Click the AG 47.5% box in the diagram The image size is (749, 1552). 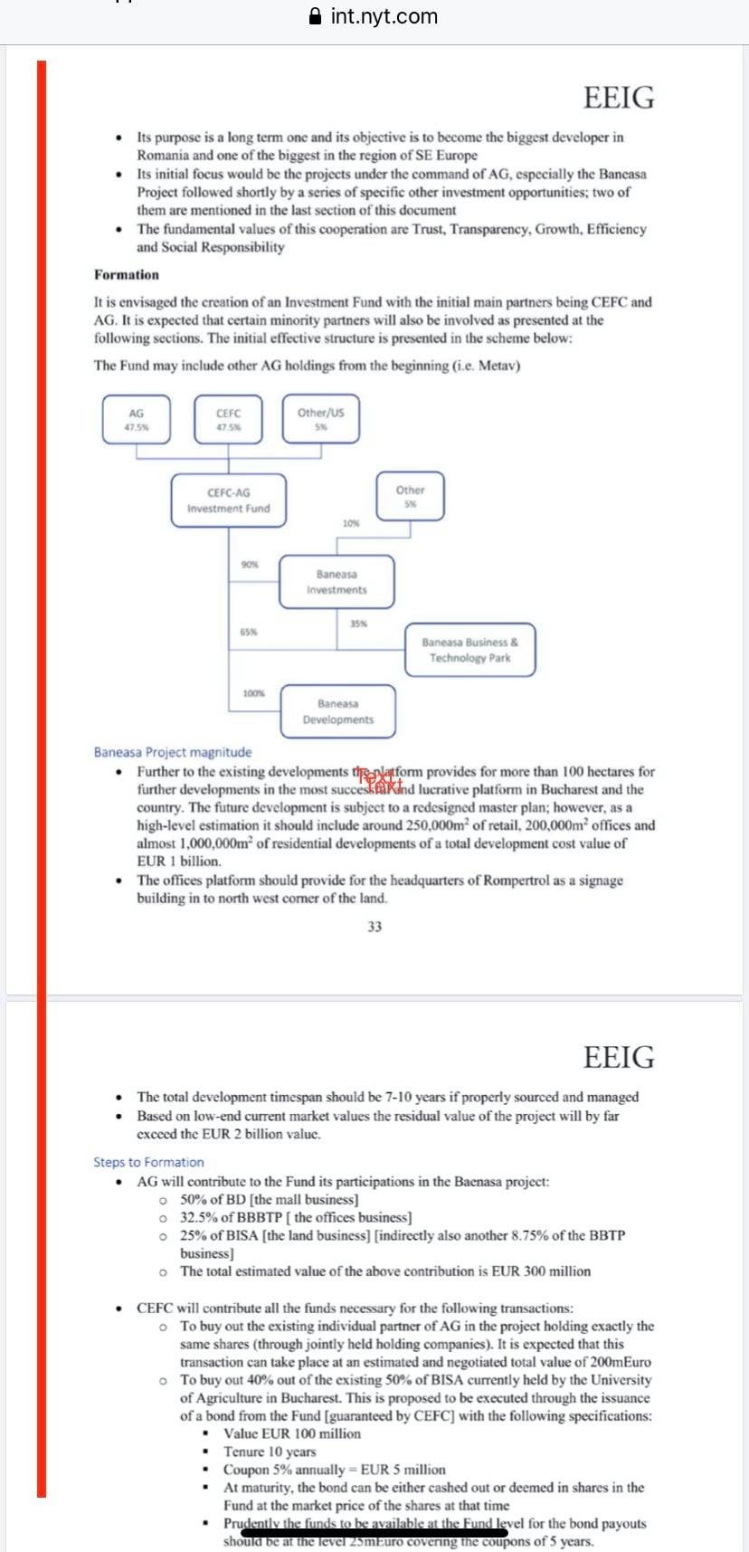(137, 419)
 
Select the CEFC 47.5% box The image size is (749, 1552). (229, 419)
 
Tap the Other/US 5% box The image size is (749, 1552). (320, 418)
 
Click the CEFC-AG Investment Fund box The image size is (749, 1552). (228, 500)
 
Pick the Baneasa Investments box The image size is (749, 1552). (337, 582)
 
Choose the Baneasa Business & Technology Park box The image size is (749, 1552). (469, 650)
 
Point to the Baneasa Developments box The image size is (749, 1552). (337, 711)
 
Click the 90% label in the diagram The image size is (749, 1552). (250, 564)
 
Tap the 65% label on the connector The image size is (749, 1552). (248, 632)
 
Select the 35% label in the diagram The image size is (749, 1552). (358, 624)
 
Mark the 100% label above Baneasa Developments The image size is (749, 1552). (253, 693)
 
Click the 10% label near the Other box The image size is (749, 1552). (351, 523)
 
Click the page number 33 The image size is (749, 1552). (374, 926)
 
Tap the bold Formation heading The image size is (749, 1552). (127, 274)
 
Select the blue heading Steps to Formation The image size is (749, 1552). (148, 1162)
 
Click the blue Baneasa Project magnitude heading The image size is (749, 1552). (173, 752)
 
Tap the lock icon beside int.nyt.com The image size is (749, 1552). (316, 16)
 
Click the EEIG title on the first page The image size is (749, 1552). (619, 98)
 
